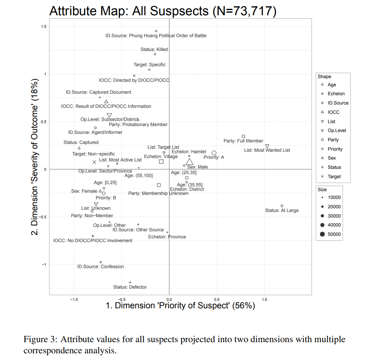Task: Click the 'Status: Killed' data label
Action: pyautogui.click(x=154, y=49)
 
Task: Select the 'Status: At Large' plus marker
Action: pyautogui.click(x=282, y=206)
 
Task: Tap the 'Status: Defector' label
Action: pyautogui.click(x=130, y=287)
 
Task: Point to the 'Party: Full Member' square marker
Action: pyautogui.click(x=244, y=136)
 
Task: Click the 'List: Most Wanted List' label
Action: pyautogui.click(x=267, y=150)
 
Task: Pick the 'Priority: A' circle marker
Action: pyautogui.click(x=214, y=153)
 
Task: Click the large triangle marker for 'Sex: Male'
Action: pyautogui.click(x=189, y=161)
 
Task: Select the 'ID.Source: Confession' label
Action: pyautogui.click(x=100, y=267)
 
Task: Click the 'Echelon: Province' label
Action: pyautogui.click(x=167, y=237)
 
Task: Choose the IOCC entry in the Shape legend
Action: pyautogui.click(x=333, y=112)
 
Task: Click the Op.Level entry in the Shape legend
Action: pyautogui.click(x=337, y=131)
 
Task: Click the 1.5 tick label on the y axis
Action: pyautogui.click(x=44, y=27)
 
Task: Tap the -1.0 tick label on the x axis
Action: pyautogui.click(x=74, y=299)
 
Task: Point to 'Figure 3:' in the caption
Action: pyautogui.click(x=40, y=340)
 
